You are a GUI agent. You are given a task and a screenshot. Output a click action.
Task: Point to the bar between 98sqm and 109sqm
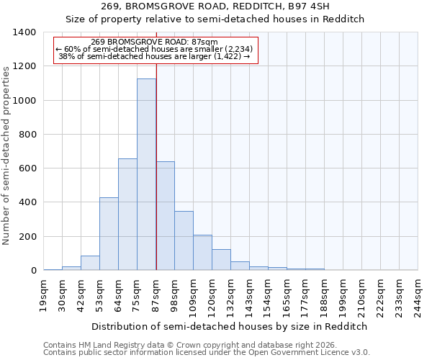[x=184, y=240]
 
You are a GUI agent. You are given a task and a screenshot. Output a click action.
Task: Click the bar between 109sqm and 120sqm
[x=202, y=253]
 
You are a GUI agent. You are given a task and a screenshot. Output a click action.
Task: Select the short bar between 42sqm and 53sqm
[x=90, y=263]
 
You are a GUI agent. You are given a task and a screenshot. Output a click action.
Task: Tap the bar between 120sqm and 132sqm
[x=221, y=260]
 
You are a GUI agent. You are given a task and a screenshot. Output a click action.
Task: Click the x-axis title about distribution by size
[x=230, y=326]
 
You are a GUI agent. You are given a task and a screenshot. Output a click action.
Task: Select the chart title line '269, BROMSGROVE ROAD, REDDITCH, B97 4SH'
[x=215, y=6]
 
